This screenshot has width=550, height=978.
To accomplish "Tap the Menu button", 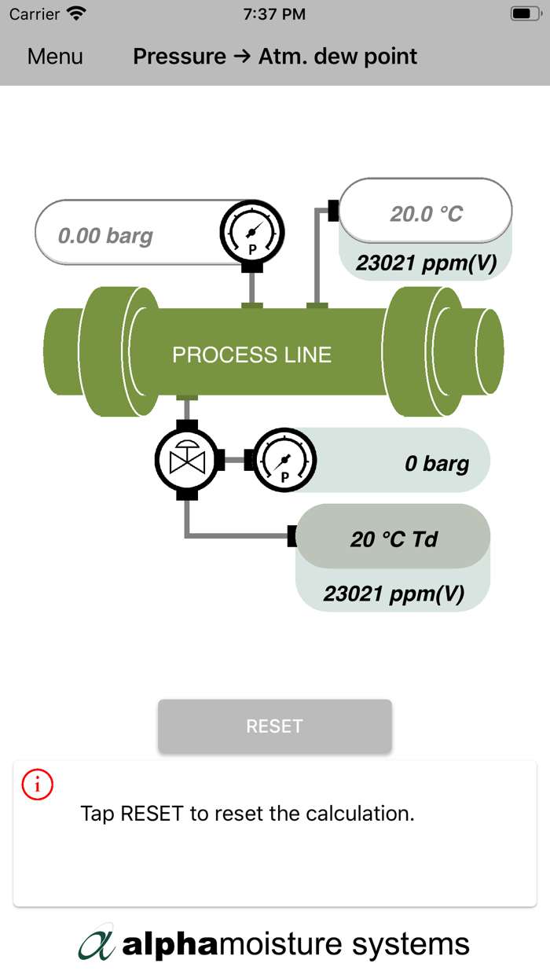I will [x=55, y=57].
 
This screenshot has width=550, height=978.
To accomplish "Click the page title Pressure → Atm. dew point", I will [x=275, y=57].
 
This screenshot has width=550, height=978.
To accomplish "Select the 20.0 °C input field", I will [x=426, y=213].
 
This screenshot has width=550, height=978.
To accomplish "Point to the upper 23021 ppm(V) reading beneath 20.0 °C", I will [x=426, y=263].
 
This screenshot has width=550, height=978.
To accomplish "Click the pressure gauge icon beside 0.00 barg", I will [x=251, y=233].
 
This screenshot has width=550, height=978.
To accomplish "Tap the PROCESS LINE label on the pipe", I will [x=252, y=355].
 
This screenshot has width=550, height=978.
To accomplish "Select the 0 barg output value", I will [x=436, y=464].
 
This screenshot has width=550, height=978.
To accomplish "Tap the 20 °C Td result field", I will [x=393, y=539].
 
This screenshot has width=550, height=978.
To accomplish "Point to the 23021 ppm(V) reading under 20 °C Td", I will [x=394, y=593].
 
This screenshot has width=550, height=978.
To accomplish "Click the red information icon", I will [x=38, y=785].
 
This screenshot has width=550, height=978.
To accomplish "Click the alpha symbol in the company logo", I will [x=97, y=943].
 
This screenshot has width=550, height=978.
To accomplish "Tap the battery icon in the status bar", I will [x=524, y=14].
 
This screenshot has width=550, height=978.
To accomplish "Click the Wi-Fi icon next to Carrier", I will [x=76, y=14].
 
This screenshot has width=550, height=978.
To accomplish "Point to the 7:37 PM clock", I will [x=275, y=14].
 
